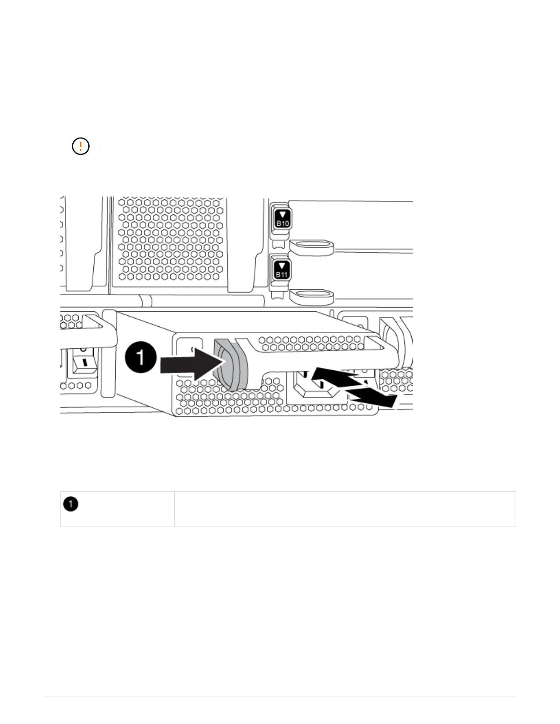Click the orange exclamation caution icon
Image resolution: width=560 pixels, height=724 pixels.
pyautogui.click(x=81, y=146)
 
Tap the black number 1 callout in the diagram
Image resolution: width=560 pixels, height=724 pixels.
pyautogui.click(x=140, y=357)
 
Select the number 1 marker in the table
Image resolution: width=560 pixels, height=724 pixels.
pyautogui.click(x=71, y=504)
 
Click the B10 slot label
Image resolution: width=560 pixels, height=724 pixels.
pyautogui.click(x=283, y=223)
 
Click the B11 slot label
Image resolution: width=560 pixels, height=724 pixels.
pyautogui.click(x=282, y=274)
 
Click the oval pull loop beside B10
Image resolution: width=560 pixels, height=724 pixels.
pyautogui.click(x=311, y=247)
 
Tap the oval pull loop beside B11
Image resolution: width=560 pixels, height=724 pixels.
pyautogui.click(x=311, y=297)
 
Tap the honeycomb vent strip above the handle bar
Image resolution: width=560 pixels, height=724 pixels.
pyautogui.click(x=311, y=343)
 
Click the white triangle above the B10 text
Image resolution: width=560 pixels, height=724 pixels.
pyautogui.click(x=283, y=215)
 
